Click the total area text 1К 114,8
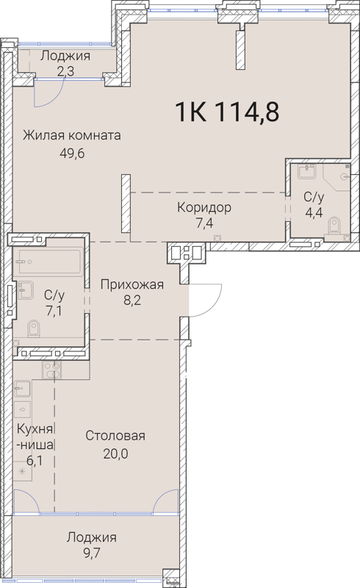pos(226,112)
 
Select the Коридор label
pos(204,207)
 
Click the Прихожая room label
pos(132,284)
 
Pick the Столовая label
pos(115,436)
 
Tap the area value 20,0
pos(116,453)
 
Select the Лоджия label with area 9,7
pos(91,537)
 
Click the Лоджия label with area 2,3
pos(65,56)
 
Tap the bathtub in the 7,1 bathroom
pos(48,261)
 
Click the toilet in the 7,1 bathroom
pos(32,326)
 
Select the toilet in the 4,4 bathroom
pos(335,225)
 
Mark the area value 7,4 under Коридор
pos(204,223)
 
